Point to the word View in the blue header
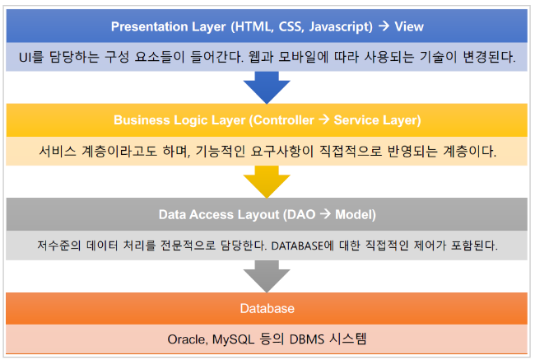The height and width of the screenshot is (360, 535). click(x=409, y=26)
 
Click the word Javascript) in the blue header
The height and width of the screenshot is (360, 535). click(x=341, y=27)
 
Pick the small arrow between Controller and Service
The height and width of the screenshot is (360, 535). click(x=324, y=119)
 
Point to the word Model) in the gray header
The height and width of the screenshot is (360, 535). click(x=356, y=215)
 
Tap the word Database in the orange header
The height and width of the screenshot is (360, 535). click(x=267, y=308)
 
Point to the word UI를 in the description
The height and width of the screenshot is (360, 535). click(x=31, y=57)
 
